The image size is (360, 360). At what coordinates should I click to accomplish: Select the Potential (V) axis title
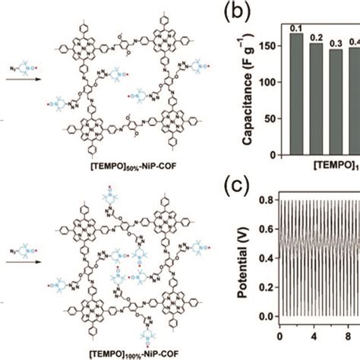coord(245,263)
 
